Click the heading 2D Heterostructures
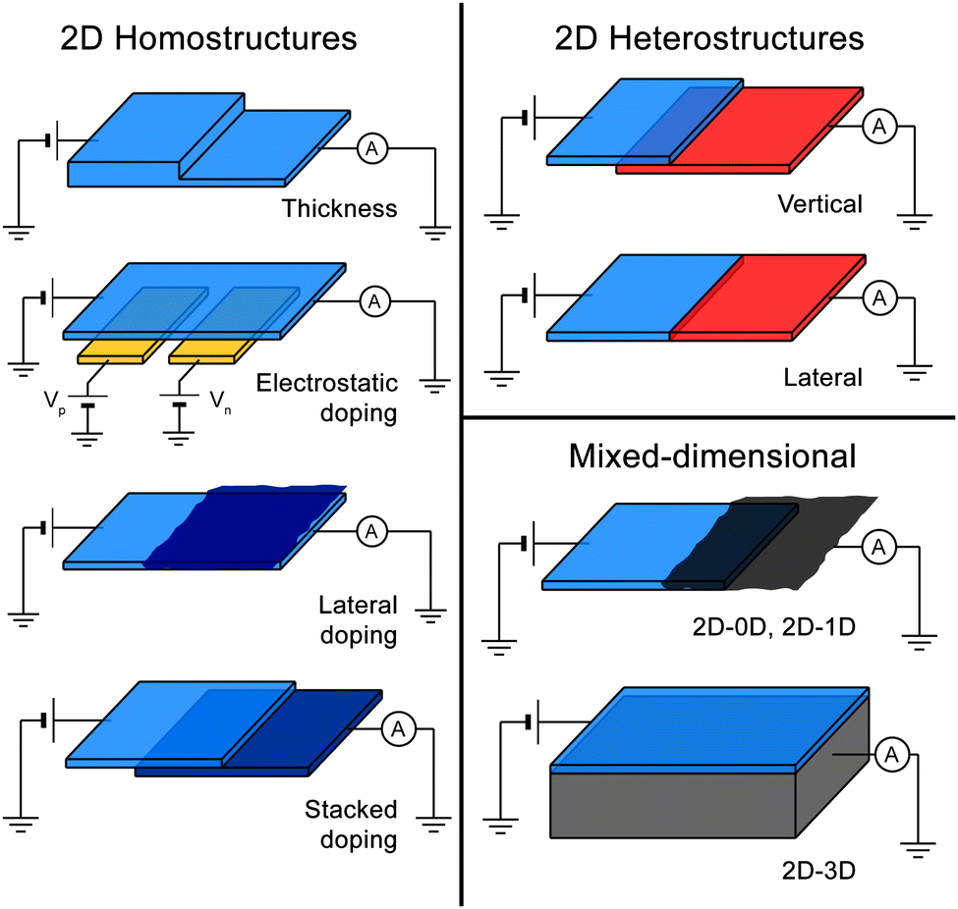[708, 38]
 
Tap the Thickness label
[339, 209]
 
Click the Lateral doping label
[358, 619]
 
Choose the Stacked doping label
[351, 825]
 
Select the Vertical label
[819, 204]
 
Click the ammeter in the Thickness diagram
[371, 148]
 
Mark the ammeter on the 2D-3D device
[891, 755]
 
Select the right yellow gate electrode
[209, 348]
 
